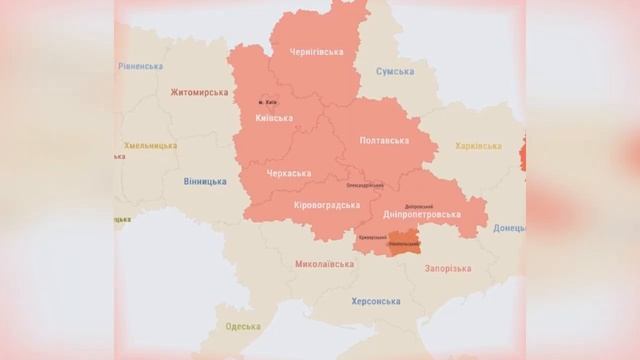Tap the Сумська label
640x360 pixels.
(396, 72)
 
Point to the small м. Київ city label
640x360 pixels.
(267, 101)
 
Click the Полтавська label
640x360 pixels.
(385, 141)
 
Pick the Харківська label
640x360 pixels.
(478, 146)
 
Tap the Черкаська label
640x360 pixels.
(290, 174)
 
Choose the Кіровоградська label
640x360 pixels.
(327, 205)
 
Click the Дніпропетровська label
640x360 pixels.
(422, 214)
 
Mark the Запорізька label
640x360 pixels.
(447, 269)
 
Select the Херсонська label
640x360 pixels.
(376, 301)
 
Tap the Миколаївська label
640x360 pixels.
(325, 265)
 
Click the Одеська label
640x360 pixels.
(243, 327)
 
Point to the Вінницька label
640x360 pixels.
(205, 182)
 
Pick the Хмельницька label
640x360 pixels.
(150, 146)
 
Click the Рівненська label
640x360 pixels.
(139, 66)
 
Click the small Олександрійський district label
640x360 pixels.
(365, 185)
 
